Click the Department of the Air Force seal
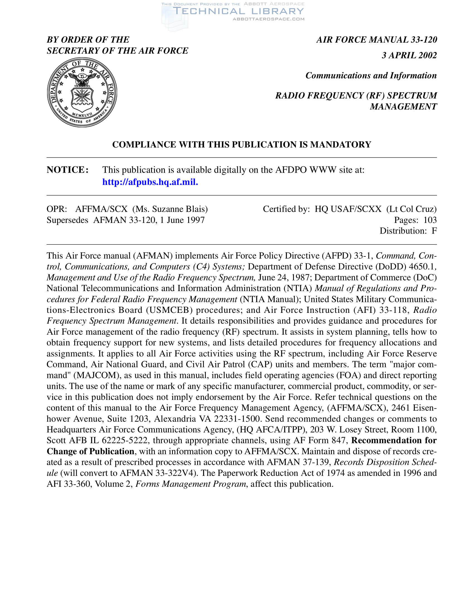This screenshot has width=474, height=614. [x=82, y=92]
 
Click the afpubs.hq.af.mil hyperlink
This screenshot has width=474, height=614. [x=150, y=182]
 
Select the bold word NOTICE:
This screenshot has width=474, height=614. [x=68, y=170]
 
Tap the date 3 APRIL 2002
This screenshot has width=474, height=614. [x=409, y=55]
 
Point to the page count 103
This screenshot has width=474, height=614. [x=430, y=220]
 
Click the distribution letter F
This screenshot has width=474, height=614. [x=434, y=231]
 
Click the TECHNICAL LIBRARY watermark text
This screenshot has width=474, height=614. [x=239, y=11]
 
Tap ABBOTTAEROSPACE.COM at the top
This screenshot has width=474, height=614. [x=269, y=19]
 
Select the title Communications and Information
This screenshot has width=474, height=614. [x=371, y=76]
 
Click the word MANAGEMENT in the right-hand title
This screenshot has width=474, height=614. [x=403, y=107]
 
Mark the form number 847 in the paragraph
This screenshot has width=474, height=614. [x=338, y=440]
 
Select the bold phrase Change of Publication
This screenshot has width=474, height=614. [x=90, y=451]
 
